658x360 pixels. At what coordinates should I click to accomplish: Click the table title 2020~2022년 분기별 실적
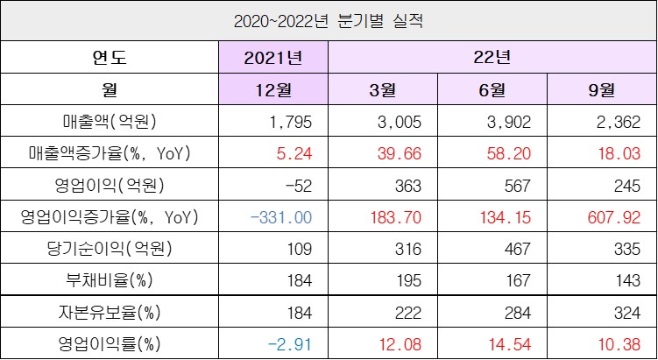pyautogui.click(x=329, y=19)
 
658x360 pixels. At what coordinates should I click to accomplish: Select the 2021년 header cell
pyautogui.click(x=273, y=59)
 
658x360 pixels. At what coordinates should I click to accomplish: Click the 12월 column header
pyautogui.click(x=273, y=89)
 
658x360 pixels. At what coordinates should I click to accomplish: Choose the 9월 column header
pyautogui.click(x=600, y=89)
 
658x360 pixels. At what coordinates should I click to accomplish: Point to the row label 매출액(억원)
pyautogui.click(x=110, y=121)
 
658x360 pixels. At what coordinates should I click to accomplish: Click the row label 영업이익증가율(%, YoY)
pyautogui.click(x=110, y=215)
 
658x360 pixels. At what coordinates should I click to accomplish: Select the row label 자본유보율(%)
pyautogui.click(x=110, y=311)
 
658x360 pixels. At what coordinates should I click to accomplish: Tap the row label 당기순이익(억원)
pyautogui.click(x=110, y=248)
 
